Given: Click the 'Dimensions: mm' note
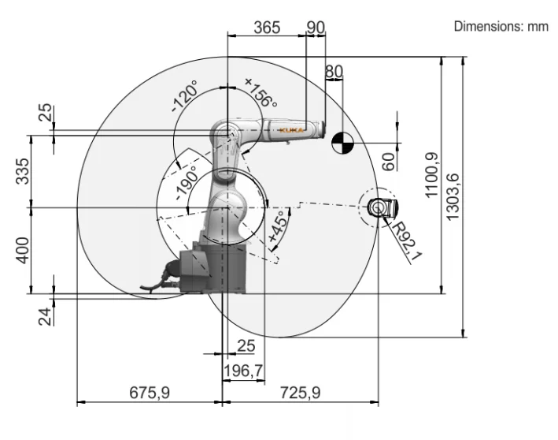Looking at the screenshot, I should (x=501, y=26).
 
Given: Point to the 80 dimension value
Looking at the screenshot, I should (x=334, y=72).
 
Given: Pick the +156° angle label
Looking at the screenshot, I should (x=261, y=92).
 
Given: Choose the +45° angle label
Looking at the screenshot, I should (x=276, y=229).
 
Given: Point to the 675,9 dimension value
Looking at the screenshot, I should (x=150, y=392).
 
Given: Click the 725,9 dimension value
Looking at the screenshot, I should (x=300, y=392).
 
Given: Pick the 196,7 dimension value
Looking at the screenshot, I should (x=243, y=369).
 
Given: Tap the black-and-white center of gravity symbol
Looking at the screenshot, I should (x=342, y=144).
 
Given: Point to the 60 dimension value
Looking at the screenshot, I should (x=387, y=162).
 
